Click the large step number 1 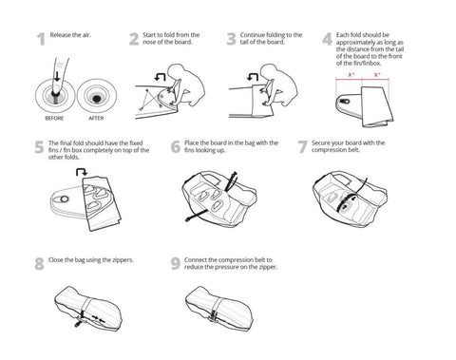point(39,39)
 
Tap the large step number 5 point(39,147)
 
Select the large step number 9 point(176,265)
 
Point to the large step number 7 point(302,147)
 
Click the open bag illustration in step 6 point(220,196)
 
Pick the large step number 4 point(327,40)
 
